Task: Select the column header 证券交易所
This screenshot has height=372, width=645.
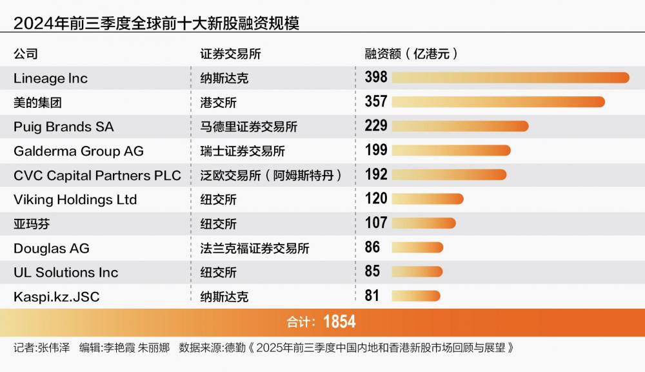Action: coord(230,54)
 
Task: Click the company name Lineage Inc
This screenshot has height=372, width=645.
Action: coord(50,78)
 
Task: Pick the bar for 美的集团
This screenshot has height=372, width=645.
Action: coord(498,102)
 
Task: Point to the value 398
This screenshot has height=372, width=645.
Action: coord(376,77)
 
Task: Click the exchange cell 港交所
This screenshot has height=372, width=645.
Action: coord(219,103)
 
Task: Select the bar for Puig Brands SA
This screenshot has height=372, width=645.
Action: coord(460,126)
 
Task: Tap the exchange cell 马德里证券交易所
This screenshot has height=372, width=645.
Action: coord(248,127)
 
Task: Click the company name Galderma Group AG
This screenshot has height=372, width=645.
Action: coord(79,151)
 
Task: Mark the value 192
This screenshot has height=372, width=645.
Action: coord(376,174)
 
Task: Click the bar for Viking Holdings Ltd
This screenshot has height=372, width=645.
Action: coord(427,199)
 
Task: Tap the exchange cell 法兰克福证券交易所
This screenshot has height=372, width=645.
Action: coord(255,248)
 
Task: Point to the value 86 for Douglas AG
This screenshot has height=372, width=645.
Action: coord(372,247)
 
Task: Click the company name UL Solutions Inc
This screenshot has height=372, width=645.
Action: coord(66,273)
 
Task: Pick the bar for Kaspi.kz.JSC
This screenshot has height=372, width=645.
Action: coord(415,296)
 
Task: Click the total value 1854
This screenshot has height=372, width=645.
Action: coord(339,322)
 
